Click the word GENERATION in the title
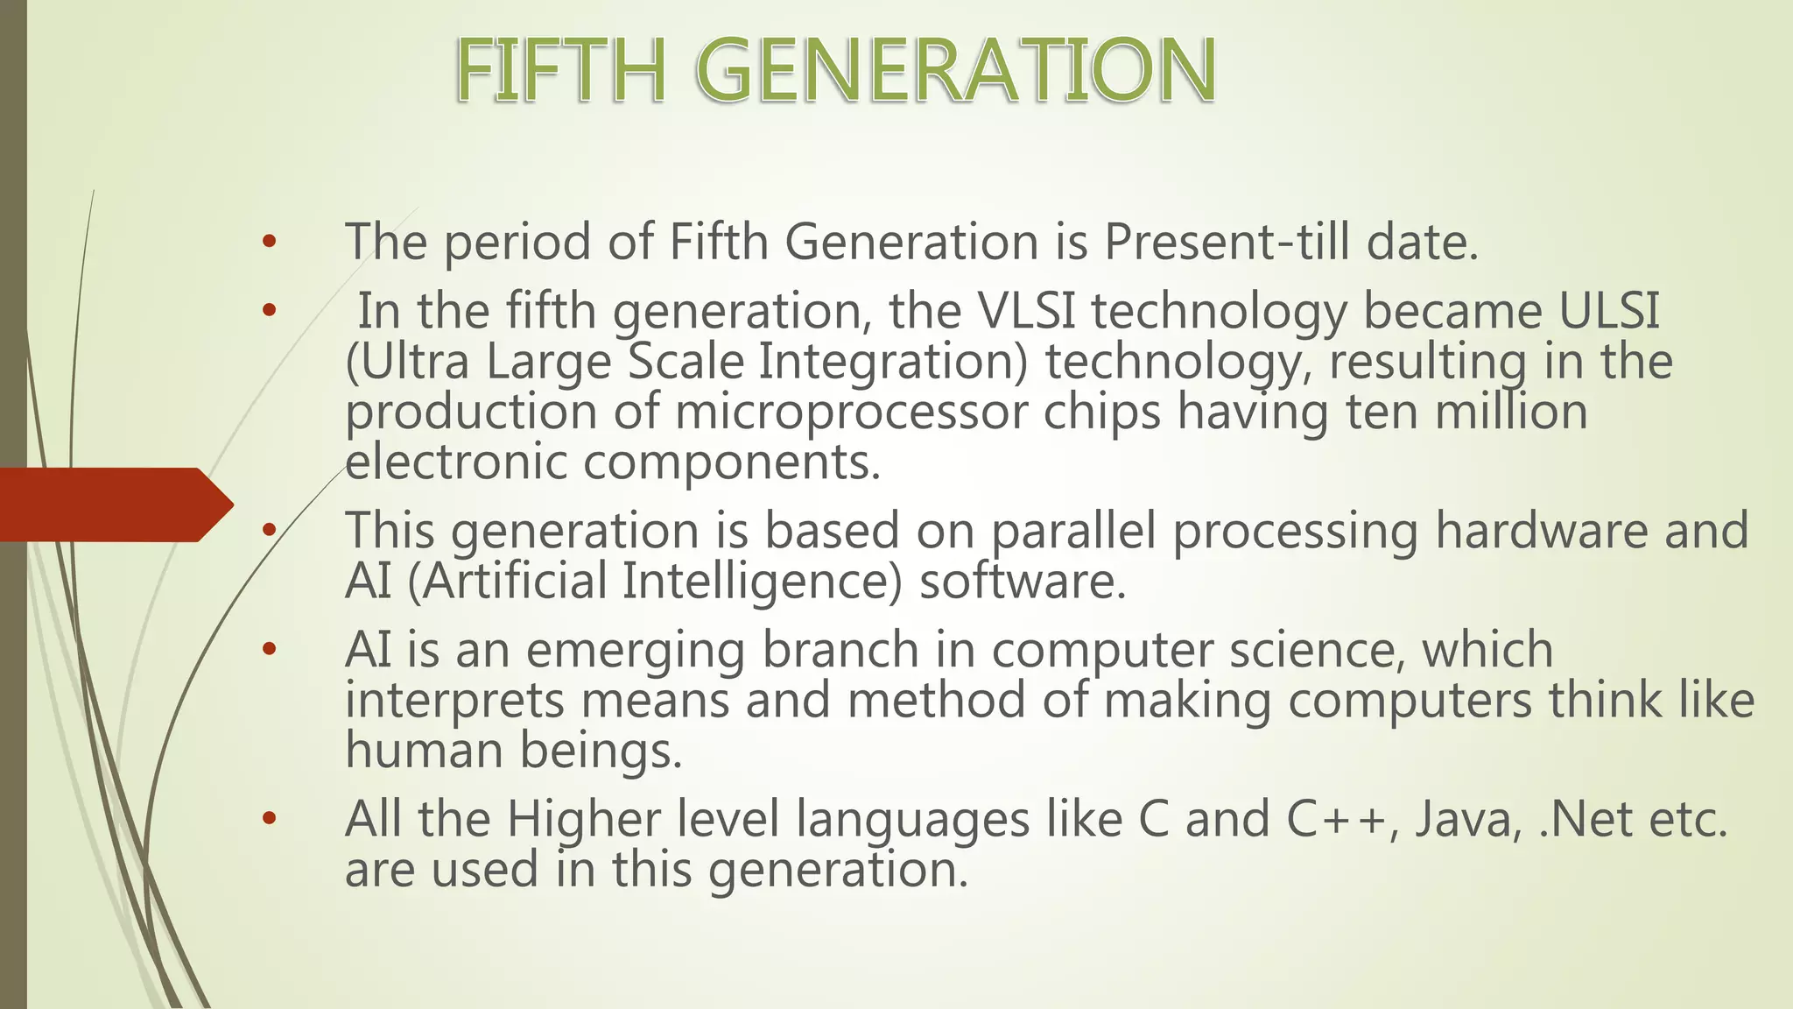956,71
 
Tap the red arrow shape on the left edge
114,504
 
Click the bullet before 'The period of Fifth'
269,242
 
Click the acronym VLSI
1025,311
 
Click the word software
1021,582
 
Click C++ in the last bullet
1336,820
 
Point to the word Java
1468,820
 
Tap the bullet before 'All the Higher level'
269,820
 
